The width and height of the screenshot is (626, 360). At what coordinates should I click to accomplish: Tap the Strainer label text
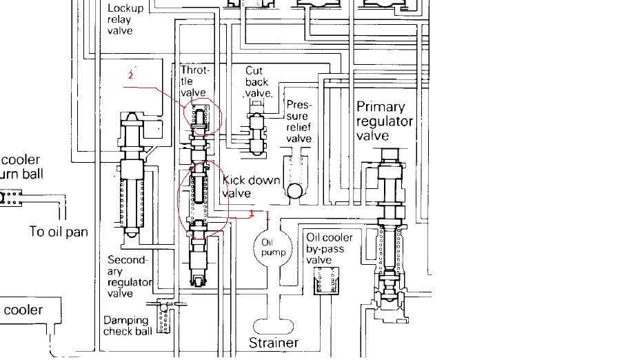click(274, 343)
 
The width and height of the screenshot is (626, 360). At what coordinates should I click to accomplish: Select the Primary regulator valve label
click(384, 121)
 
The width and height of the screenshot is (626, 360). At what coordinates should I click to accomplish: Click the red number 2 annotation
click(130, 74)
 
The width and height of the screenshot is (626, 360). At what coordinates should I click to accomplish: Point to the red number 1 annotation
click(252, 214)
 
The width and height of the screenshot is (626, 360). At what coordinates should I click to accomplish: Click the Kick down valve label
click(251, 187)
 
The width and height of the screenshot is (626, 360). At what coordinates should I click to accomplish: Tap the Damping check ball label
click(125, 326)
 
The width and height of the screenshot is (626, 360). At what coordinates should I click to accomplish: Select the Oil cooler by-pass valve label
click(329, 248)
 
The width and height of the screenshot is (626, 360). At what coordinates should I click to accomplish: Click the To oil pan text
click(59, 232)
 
